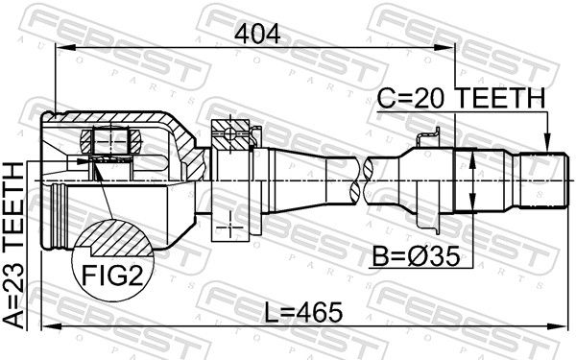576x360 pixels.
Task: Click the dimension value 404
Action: [x=257, y=35]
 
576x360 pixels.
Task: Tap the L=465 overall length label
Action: [x=303, y=313]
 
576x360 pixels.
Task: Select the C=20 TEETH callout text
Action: [x=462, y=98]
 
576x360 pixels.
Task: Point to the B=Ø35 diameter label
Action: [x=417, y=256]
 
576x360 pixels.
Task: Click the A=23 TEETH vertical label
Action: [x=13, y=246]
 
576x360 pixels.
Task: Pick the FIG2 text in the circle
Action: [x=111, y=276]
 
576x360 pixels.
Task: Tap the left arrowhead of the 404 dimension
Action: [x=65, y=48]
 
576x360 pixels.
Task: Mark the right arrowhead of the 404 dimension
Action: [x=444, y=48]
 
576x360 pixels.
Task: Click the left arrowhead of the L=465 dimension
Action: [x=52, y=326]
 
